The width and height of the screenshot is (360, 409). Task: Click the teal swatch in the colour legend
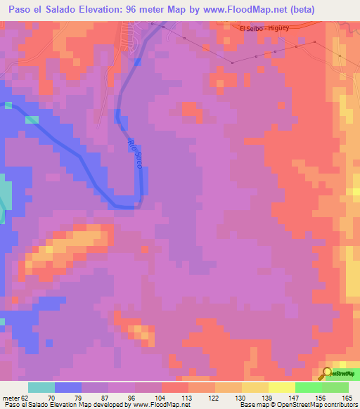[41, 387]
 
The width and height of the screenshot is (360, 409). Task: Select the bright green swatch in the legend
[308, 387]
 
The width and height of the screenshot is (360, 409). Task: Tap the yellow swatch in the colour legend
[281, 387]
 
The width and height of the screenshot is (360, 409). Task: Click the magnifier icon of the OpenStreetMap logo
[328, 372]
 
